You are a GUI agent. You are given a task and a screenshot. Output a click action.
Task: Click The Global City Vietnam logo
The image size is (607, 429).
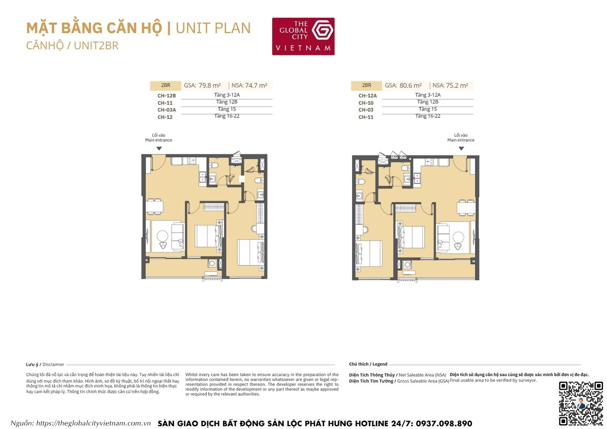(x=303, y=36)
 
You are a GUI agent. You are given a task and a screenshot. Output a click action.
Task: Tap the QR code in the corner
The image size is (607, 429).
(x=581, y=403)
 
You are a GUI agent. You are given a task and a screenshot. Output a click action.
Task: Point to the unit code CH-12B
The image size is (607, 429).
(x=167, y=96)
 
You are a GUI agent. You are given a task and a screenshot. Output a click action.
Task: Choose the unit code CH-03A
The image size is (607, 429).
(x=167, y=110)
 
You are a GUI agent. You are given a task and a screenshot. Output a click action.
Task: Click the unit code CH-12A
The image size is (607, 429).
(x=367, y=96)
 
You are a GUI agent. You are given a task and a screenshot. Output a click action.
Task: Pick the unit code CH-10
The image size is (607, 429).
(x=366, y=103)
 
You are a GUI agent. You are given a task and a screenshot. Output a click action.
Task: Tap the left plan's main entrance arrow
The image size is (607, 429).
(x=159, y=149)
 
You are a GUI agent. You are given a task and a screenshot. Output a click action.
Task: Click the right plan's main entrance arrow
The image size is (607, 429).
(x=461, y=149)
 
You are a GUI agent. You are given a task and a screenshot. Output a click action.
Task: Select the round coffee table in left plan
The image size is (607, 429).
(x=163, y=236)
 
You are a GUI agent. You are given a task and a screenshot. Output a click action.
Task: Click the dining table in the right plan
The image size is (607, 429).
(x=466, y=207)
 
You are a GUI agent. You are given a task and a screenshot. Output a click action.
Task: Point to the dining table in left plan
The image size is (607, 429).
(x=154, y=206)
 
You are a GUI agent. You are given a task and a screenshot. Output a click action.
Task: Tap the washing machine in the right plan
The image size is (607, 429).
(x=407, y=265)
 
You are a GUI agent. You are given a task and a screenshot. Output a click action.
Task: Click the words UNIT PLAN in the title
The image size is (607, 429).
(x=213, y=28)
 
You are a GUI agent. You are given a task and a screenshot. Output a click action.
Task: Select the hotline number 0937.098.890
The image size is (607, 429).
(x=444, y=423)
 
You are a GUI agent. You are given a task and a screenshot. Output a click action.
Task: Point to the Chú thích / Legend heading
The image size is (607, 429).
(x=368, y=364)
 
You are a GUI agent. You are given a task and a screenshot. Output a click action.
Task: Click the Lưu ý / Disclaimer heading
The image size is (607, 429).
(x=45, y=364)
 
